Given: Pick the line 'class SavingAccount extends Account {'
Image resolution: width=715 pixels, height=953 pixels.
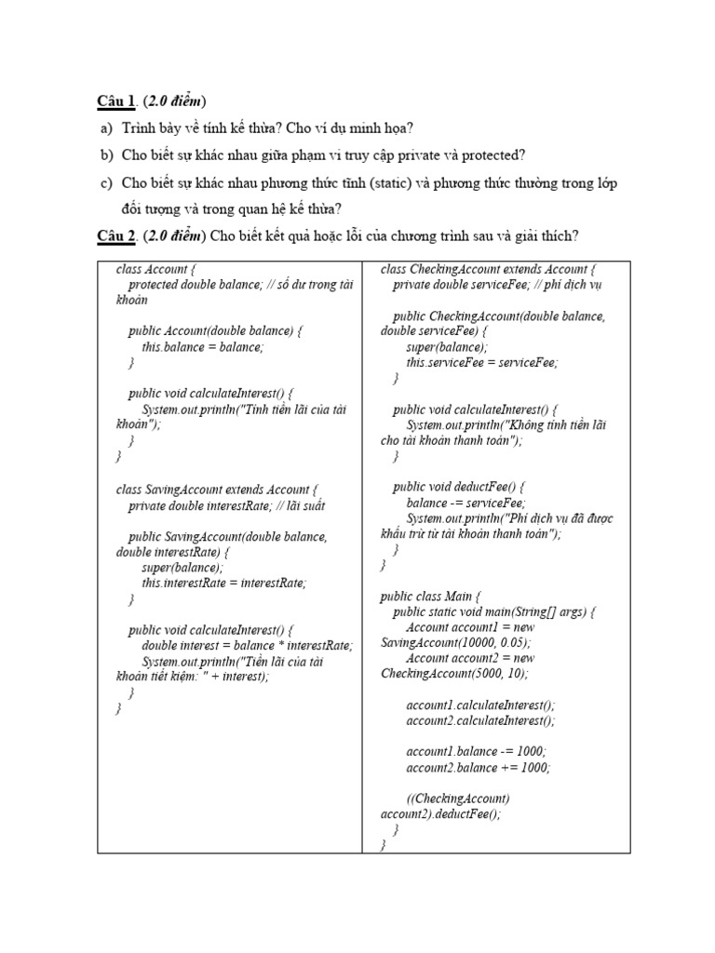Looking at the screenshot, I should click(217, 490).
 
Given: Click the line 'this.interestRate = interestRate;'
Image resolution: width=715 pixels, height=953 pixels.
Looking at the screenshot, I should click(223, 583).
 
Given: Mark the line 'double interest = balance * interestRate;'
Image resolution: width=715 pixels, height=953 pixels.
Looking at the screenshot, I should click(247, 645).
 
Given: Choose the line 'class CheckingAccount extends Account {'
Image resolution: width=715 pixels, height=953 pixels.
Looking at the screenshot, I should click(489, 270).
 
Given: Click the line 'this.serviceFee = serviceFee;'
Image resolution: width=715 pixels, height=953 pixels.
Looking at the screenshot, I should click(481, 362).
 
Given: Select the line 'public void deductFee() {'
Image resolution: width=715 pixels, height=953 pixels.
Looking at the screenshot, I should click(459, 486).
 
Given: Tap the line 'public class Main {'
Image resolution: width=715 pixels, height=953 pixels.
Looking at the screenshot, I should click(429, 596).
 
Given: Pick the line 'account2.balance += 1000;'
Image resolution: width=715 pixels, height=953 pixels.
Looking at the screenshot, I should click(478, 768).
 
